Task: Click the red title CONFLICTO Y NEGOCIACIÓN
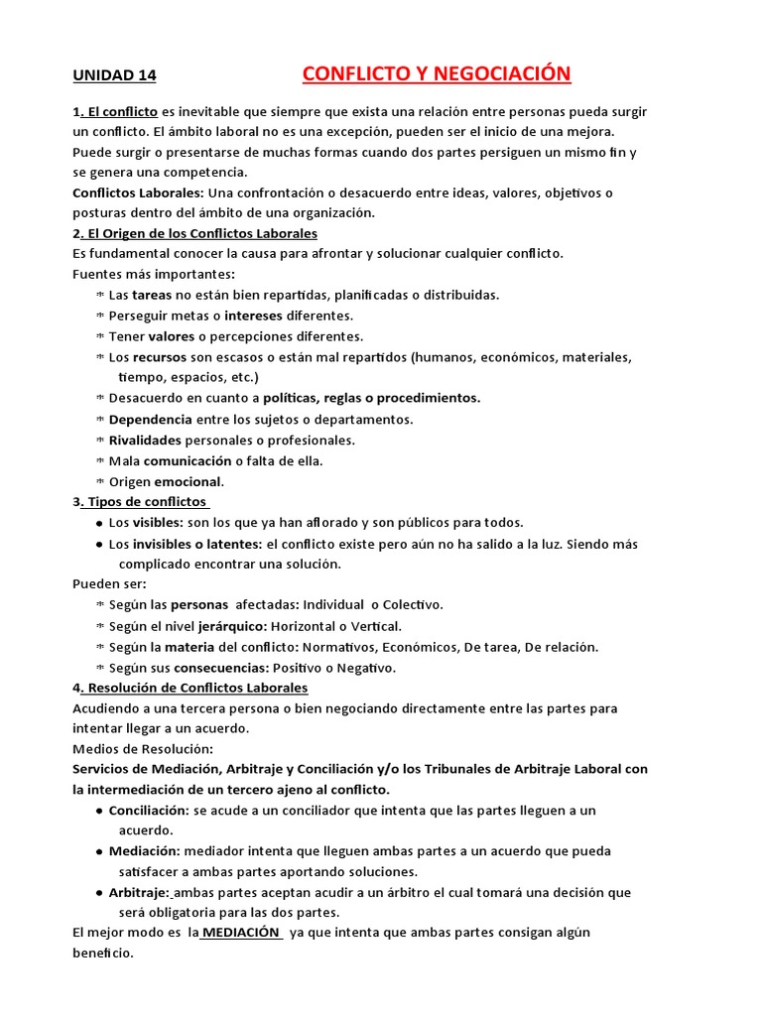pyautogui.click(x=437, y=74)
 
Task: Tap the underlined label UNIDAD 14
pyautogui.click(x=114, y=75)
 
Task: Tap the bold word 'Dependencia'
pyautogui.click(x=151, y=419)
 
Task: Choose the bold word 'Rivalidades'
pyautogui.click(x=145, y=440)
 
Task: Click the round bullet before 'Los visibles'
pyautogui.click(x=99, y=523)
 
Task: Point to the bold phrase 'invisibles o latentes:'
pyautogui.click(x=197, y=544)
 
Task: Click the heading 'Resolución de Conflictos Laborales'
pyautogui.click(x=197, y=688)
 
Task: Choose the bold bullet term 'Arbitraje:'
pyautogui.click(x=140, y=893)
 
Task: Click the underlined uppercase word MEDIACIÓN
pyautogui.click(x=241, y=933)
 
